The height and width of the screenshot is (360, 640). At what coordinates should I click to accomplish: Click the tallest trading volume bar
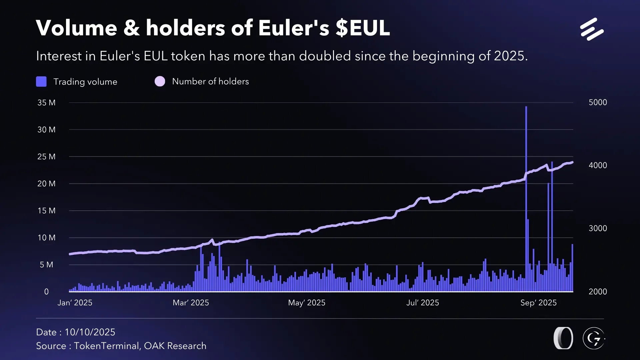tap(526, 200)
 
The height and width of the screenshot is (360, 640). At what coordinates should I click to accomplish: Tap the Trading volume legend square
tap(41, 82)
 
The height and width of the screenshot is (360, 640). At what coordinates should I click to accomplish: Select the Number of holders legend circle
tap(160, 81)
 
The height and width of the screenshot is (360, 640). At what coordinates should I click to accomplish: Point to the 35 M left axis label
tap(46, 103)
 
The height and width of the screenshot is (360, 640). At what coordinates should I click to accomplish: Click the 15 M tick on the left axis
tap(46, 211)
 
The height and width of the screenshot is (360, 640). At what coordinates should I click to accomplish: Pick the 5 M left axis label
tap(46, 265)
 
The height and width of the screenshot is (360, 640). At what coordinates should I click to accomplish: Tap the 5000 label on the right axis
tap(598, 102)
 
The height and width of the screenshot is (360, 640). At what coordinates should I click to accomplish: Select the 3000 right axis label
tap(598, 228)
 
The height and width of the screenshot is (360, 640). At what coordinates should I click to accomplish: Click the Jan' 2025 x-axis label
tap(75, 303)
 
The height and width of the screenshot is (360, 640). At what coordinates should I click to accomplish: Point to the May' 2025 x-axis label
tap(307, 303)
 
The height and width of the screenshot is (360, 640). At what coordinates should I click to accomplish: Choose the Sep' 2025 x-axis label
tap(538, 303)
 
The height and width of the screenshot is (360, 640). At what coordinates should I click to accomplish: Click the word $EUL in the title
tap(363, 28)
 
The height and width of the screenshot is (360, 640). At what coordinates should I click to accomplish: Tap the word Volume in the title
tap(76, 28)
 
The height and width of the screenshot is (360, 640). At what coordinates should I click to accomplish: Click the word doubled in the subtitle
tap(325, 56)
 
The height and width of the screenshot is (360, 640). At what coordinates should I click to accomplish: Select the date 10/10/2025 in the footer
tap(90, 332)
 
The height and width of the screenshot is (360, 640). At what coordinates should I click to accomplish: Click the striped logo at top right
tap(592, 29)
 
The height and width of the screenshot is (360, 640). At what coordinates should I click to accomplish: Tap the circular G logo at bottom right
tap(594, 338)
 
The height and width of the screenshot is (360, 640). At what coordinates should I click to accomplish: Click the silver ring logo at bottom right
tap(563, 338)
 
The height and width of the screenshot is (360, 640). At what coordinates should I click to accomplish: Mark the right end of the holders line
tap(572, 163)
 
